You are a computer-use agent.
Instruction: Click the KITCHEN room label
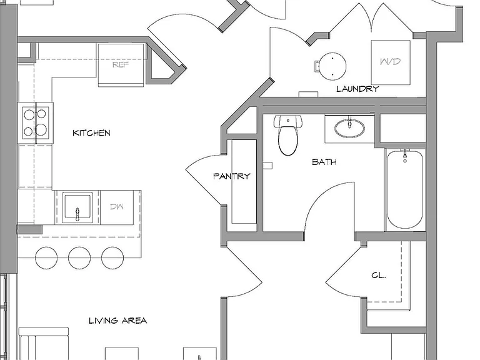coord(91,133)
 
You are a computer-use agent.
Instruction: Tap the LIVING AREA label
coord(118,321)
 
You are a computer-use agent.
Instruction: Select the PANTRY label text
coord(232,176)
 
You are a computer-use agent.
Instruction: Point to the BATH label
coord(324,162)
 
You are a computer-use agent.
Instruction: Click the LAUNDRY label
coord(357,89)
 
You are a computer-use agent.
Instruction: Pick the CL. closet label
coord(378,275)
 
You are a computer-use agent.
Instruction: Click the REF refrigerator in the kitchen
coord(121,65)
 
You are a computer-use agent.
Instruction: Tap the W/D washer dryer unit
coord(391,62)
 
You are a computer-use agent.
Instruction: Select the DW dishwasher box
coord(117,207)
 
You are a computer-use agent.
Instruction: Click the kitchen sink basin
coord(77,207)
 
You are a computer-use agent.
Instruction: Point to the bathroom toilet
coord(287,135)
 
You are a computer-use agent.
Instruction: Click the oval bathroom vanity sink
coord(349,128)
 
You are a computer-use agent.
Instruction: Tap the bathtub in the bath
coord(405,189)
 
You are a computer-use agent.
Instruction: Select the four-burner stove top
coord(35,122)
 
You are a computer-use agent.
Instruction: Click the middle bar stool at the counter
coord(79,257)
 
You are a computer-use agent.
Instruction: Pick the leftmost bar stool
coord(46,257)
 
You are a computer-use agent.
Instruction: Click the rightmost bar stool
coord(112,257)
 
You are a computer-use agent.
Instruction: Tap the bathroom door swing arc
coord(321,196)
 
